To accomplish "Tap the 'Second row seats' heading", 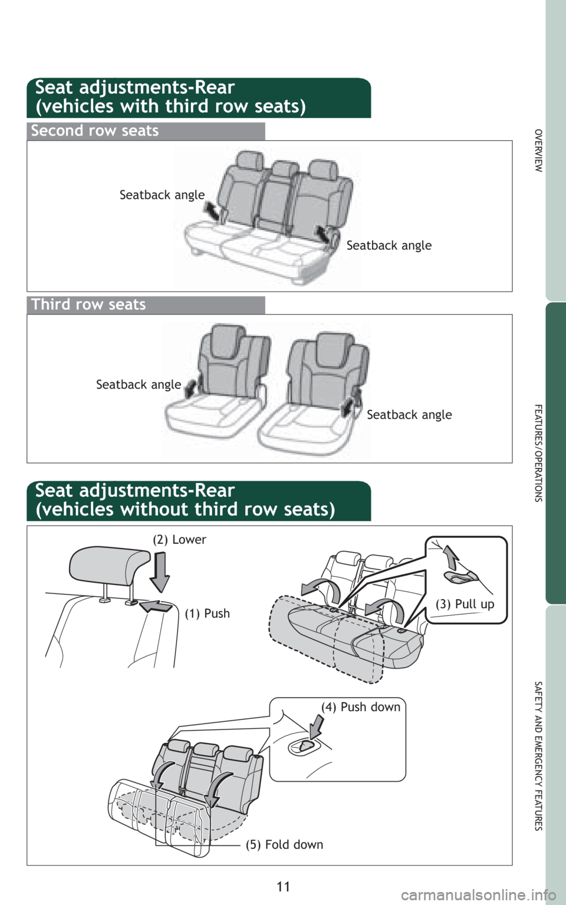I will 95,131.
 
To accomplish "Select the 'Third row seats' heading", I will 88,305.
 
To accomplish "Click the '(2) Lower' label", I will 179,540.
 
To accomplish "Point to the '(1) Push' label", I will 207,614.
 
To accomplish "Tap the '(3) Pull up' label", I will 465,605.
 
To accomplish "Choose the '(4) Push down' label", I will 360,707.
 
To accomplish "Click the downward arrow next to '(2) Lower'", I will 160,572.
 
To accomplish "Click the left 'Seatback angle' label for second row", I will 162,195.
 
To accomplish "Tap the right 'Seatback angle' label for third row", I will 409,415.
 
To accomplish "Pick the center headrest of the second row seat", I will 285,169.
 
